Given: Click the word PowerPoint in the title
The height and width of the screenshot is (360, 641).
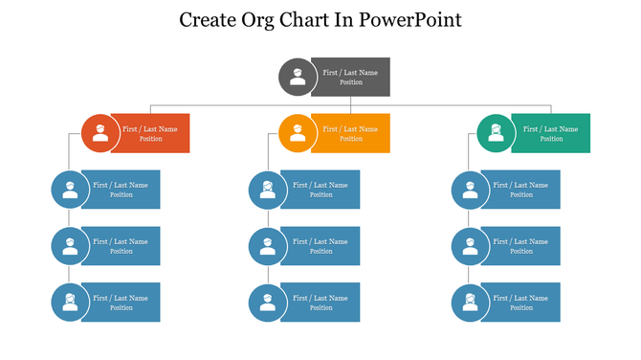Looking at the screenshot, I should click(x=410, y=19).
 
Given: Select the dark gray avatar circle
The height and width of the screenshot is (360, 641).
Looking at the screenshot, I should click(x=298, y=77).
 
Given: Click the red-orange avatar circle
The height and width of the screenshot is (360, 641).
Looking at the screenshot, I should click(x=99, y=133).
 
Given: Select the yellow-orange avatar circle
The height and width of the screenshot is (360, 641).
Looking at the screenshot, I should click(x=298, y=133).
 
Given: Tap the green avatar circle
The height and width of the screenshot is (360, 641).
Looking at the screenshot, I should click(x=496, y=133).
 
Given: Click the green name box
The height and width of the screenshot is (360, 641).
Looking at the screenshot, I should click(x=552, y=133).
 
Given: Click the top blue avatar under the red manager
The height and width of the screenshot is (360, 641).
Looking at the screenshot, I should click(x=70, y=190).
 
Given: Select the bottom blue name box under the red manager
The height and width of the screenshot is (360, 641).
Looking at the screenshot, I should click(x=122, y=303).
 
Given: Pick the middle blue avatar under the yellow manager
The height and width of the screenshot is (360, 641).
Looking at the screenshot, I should click(x=268, y=246).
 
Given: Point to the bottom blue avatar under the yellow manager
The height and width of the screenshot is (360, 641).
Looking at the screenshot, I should click(x=268, y=303).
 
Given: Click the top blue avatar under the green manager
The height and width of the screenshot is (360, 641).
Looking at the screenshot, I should click(x=470, y=190).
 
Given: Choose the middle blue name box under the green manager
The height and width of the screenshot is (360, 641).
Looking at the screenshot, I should click(x=521, y=246).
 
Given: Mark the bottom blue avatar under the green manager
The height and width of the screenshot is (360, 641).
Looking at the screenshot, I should click(x=470, y=303).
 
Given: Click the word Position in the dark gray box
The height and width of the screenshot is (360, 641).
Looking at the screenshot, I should click(x=351, y=82).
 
